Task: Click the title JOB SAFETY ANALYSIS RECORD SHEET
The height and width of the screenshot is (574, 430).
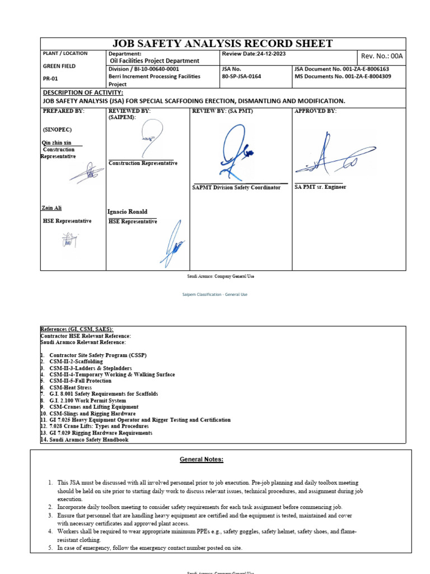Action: (223, 44)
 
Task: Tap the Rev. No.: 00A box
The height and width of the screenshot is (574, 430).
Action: (382, 56)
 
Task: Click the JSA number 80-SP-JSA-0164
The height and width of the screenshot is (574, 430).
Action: (241, 76)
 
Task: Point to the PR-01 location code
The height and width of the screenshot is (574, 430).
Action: (51, 79)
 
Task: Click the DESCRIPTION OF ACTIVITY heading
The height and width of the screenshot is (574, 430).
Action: (83, 92)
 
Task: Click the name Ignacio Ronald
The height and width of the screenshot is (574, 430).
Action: (127, 212)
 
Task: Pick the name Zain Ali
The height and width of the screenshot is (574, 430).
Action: (51, 208)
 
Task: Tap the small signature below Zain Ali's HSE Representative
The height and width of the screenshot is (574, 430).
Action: (70, 240)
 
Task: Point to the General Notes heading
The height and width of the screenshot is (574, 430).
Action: (201, 460)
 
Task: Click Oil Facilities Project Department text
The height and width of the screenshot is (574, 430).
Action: (155, 61)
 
